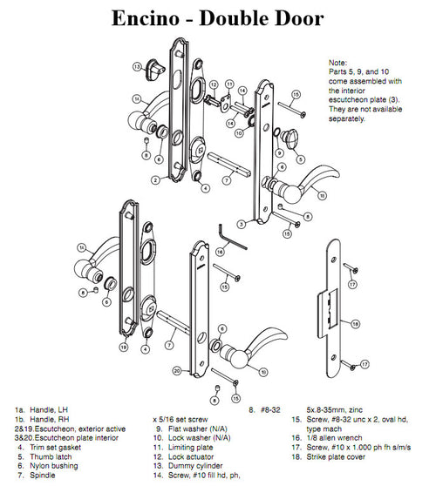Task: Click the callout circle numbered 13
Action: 138,66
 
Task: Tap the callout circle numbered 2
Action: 154,180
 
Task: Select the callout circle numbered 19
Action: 124,347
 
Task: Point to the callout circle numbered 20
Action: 176,370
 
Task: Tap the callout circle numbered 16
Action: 221,252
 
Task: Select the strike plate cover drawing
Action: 332,322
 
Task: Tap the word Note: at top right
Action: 338,64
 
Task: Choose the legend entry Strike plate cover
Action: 347,456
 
